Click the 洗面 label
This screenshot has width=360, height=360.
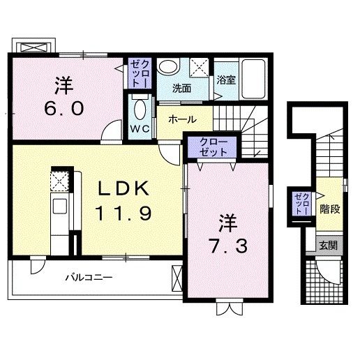coord(182,89)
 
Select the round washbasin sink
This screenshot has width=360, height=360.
coord(166,67)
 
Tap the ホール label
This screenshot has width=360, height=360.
coord(181,119)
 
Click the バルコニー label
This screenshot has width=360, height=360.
coord(89,278)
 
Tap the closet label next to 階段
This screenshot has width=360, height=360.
coord(301,202)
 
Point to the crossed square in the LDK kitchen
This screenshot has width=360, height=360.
coord(59,179)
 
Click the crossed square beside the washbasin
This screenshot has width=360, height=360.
coord(200,68)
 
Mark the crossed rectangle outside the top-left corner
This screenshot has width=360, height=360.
coord(33,48)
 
